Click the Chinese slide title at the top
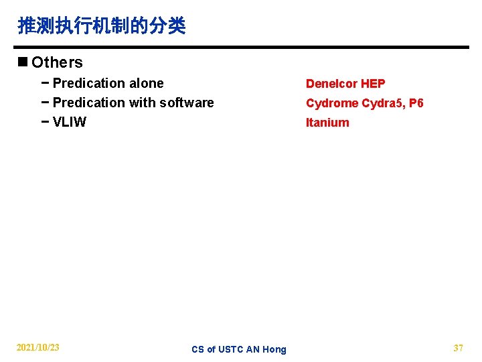coord(102,26)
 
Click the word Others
coord(58,62)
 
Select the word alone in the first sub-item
coord(147,83)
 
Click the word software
coord(187,103)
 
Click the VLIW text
coord(69,122)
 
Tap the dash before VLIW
coord(45,122)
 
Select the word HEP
coord(373,84)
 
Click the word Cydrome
coord(332,103)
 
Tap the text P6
coord(416,103)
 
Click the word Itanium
coord(327,123)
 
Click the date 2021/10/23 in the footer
coord(37,347)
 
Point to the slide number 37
coord(459,347)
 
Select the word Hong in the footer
coord(274,349)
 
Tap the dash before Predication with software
coord(45,103)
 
